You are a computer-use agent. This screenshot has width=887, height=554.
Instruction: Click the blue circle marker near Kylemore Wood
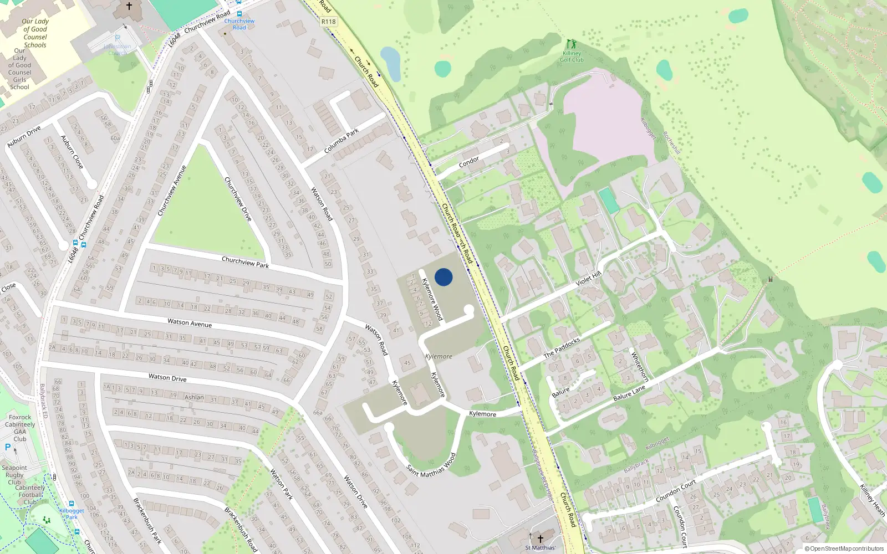point(443,277)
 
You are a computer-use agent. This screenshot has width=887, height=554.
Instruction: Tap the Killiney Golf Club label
point(572,57)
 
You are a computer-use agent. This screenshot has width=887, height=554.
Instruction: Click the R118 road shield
point(328,22)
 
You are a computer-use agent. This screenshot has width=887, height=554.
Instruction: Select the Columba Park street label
point(341,141)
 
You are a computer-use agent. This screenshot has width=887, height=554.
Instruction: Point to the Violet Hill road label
point(588,279)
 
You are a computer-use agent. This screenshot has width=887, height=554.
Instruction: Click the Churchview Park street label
point(245,262)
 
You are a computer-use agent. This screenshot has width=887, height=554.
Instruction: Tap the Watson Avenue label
point(190,322)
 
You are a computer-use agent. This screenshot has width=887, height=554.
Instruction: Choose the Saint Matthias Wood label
point(431,465)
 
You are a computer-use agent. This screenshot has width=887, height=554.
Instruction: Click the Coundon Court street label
point(676,491)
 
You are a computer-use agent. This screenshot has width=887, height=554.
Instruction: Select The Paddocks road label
point(562,347)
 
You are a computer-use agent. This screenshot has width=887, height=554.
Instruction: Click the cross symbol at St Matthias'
point(541,538)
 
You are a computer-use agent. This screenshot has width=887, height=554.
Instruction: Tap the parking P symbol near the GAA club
point(8,447)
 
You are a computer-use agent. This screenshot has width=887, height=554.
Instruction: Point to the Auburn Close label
point(72,152)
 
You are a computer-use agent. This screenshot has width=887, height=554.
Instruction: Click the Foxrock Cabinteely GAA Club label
point(20,428)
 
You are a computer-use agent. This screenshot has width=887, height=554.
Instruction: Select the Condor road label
point(469,161)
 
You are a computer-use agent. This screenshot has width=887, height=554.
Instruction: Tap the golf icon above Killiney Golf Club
point(571,44)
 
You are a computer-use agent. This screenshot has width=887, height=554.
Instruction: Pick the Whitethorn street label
point(640,366)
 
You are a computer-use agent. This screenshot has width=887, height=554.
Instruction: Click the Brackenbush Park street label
point(147,520)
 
